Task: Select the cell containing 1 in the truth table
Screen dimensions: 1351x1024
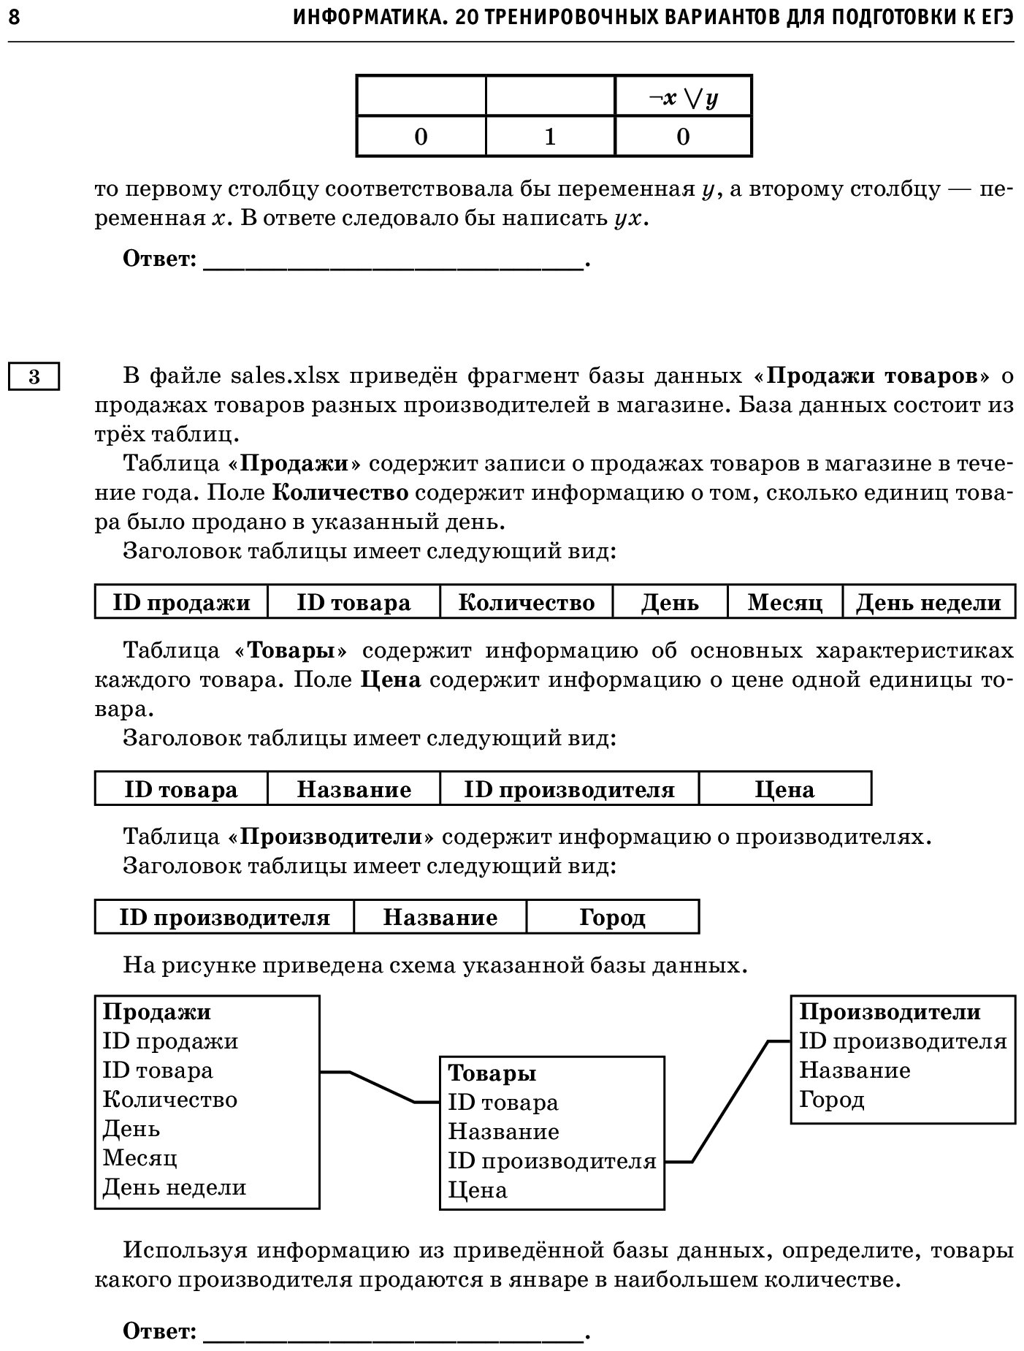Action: coord(550,137)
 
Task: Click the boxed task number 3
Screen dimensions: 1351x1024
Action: coord(34,377)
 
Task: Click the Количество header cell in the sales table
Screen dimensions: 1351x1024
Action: coord(526,602)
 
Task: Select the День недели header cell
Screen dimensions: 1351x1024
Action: coord(928,602)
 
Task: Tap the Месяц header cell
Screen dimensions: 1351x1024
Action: coord(784,602)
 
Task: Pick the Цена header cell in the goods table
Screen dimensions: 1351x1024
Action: coord(784,789)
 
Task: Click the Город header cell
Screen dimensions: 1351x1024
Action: coord(612,917)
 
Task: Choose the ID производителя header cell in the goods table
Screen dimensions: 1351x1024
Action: coord(569,789)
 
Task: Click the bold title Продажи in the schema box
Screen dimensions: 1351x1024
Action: coord(156,1012)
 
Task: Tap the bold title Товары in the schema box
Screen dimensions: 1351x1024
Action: coord(492,1073)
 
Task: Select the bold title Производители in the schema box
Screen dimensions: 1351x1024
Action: coord(890,1012)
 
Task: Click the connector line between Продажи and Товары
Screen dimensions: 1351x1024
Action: coord(381,1086)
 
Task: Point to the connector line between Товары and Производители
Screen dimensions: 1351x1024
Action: coord(730,1100)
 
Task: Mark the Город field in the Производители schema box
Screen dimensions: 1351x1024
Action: coord(831,1100)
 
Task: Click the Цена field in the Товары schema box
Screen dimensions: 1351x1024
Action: coord(477,1190)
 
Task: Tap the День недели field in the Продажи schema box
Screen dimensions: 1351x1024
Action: coord(174,1187)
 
